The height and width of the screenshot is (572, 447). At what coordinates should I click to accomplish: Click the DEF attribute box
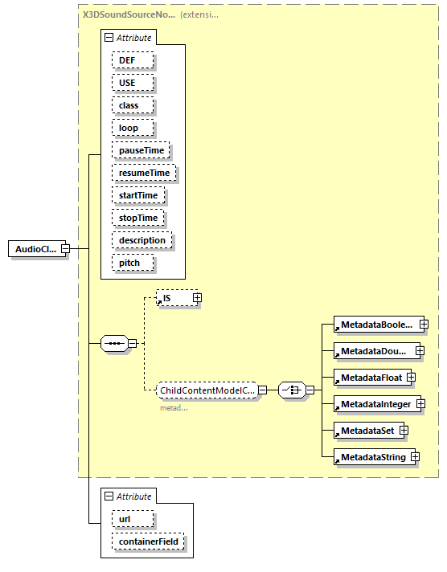tap(131, 60)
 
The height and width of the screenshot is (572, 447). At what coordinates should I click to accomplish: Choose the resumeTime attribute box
tap(144, 173)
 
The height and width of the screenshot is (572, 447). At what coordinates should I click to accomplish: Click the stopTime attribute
tap(138, 218)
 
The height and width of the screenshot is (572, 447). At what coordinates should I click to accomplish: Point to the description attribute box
tap(141, 240)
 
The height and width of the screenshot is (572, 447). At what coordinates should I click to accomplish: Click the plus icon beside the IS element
tap(196, 298)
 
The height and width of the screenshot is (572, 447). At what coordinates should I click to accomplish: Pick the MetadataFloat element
tap(369, 376)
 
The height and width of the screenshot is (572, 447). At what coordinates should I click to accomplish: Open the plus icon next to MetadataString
tap(415, 457)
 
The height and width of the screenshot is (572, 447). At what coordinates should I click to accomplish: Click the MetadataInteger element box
tap(374, 403)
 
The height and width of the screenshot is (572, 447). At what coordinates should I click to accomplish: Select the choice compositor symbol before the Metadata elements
tap(291, 390)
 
